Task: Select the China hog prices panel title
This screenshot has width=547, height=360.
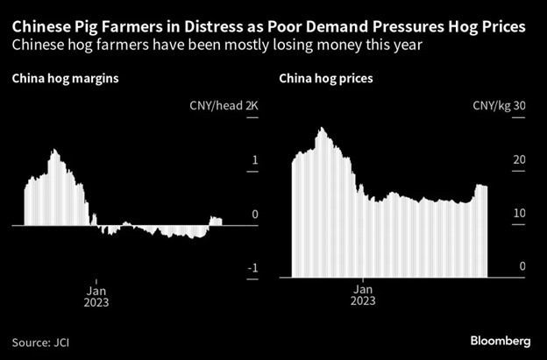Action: [x=326, y=79]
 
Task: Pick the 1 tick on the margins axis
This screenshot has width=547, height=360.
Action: [x=254, y=160]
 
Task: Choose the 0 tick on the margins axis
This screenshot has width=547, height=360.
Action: [x=254, y=214]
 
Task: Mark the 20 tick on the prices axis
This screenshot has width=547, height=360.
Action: [x=519, y=160]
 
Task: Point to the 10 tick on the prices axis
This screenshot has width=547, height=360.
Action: [x=519, y=214]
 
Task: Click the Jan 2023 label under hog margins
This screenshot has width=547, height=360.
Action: [x=96, y=293]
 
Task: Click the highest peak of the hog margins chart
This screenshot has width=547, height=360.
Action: [x=54, y=151]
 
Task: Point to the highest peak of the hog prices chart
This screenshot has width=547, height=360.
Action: [x=322, y=129]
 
